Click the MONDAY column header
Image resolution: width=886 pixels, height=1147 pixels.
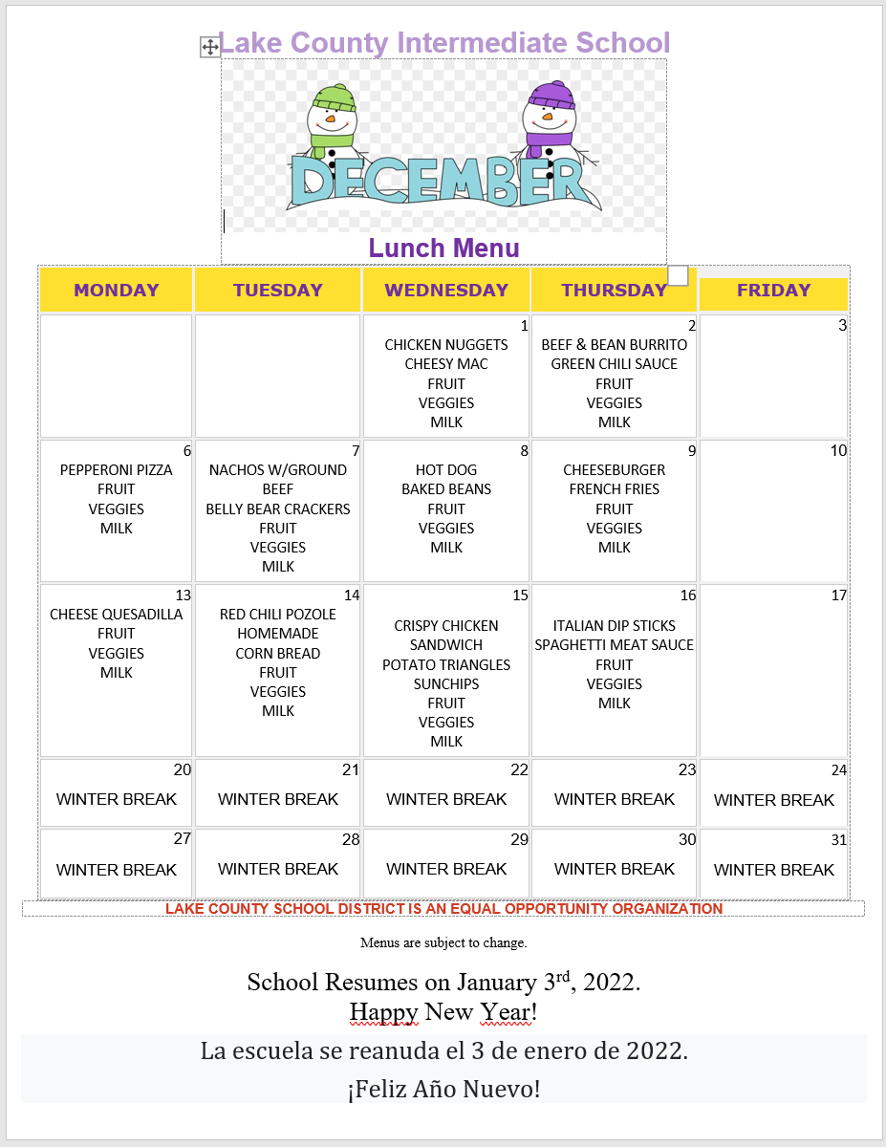click(x=116, y=291)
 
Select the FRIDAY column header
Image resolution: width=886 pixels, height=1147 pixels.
click(x=773, y=291)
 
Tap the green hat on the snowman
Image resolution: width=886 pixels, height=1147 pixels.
click(x=333, y=97)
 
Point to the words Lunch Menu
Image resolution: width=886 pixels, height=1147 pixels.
click(x=443, y=249)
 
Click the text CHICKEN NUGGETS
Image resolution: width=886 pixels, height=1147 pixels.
click(x=446, y=344)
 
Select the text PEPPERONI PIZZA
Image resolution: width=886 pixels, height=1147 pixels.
click(x=117, y=470)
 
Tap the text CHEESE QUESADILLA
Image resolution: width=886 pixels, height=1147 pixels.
click(x=117, y=615)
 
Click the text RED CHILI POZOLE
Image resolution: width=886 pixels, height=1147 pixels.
click(x=278, y=615)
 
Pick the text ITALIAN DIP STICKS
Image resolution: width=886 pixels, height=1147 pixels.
click(x=615, y=626)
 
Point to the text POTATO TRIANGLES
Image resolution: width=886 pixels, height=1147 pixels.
click(x=446, y=664)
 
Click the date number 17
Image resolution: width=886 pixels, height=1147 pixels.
click(x=838, y=595)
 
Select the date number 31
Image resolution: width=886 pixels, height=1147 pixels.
click(x=838, y=840)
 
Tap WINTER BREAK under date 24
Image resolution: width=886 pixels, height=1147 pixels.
click(x=773, y=800)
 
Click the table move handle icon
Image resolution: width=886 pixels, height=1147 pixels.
click(x=210, y=47)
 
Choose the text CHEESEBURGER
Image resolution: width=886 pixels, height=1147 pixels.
click(x=615, y=470)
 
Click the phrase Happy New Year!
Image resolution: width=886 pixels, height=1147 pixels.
click(x=443, y=1011)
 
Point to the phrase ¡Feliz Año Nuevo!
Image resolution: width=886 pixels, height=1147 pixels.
click(x=443, y=1088)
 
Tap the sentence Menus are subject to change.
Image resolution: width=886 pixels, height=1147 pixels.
click(x=443, y=943)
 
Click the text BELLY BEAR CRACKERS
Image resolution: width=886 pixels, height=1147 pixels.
click(x=278, y=509)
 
